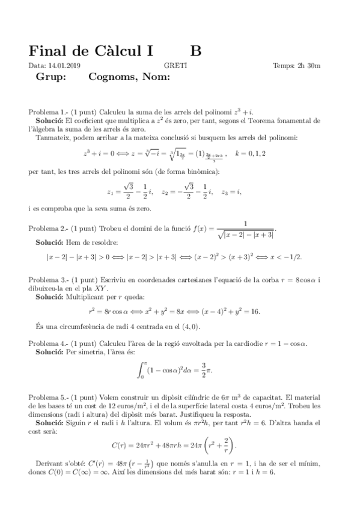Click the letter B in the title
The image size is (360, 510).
196,52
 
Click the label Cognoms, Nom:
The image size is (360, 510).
129,77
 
